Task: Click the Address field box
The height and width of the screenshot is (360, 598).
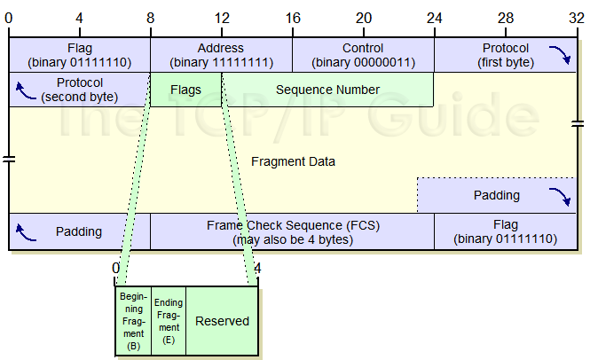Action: [221, 55]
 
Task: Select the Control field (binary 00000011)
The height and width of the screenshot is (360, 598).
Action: [363, 55]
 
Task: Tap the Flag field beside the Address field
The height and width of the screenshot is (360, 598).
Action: [79, 55]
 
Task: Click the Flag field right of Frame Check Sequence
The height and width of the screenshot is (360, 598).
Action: [505, 232]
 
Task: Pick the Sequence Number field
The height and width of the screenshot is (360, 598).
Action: [327, 90]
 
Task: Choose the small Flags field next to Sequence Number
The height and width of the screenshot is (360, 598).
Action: [185, 90]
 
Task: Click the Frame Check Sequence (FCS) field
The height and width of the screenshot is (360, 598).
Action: [292, 232]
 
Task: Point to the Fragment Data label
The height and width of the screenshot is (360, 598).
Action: [293, 162]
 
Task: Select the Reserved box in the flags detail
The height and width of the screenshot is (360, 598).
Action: [222, 320]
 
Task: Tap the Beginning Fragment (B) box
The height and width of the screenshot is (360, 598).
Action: [134, 320]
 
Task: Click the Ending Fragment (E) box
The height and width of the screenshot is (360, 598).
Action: [169, 320]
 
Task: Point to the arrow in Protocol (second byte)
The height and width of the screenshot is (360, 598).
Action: [25, 87]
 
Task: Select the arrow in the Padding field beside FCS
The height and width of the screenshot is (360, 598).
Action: [25, 232]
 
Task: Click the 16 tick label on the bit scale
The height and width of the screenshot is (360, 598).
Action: [293, 18]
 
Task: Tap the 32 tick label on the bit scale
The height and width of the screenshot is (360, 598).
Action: [577, 18]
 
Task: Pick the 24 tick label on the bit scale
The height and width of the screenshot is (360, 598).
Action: [434, 18]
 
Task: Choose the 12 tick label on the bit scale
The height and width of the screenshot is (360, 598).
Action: [221, 18]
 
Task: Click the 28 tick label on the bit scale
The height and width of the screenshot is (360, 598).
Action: [505, 18]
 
